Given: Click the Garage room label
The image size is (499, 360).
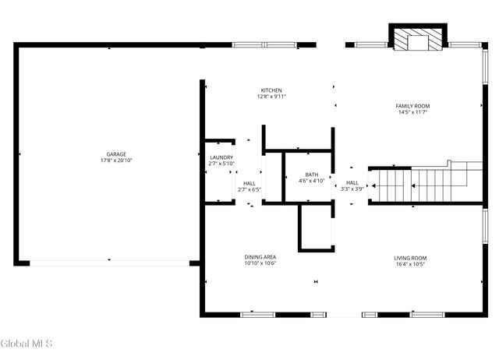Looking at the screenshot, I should pyautogui.click(x=116, y=154).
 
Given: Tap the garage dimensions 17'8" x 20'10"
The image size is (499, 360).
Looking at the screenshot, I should pyautogui.click(x=116, y=161).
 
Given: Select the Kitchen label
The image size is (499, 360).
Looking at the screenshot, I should pyautogui.click(x=271, y=90).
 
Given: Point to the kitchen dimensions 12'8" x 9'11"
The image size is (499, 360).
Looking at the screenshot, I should pyautogui.click(x=271, y=97).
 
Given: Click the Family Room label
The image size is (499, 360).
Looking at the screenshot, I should pyautogui.click(x=412, y=106).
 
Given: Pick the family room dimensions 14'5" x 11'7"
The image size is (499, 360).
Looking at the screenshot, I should pyautogui.click(x=412, y=112).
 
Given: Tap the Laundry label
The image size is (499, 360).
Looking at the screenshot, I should pyautogui.click(x=221, y=157).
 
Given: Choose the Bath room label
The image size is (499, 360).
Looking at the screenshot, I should pyautogui.click(x=311, y=175).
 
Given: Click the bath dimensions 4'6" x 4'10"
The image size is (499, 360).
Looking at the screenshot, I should pyautogui.click(x=311, y=181).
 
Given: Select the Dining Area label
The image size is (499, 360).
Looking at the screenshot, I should pyautogui.click(x=260, y=257).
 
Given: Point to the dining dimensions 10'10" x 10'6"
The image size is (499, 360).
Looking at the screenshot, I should pyautogui.click(x=260, y=263).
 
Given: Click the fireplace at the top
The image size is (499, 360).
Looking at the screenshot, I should pyautogui.click(x=419, y=40).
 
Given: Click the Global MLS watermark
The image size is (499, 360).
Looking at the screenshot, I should pyautogui.click(x=25, y=344).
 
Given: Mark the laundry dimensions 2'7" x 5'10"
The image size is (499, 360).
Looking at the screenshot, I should pyautogui.click(x=221, y=164).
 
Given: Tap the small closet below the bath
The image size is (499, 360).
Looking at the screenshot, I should pyautogui.click(x=316, y=228).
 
